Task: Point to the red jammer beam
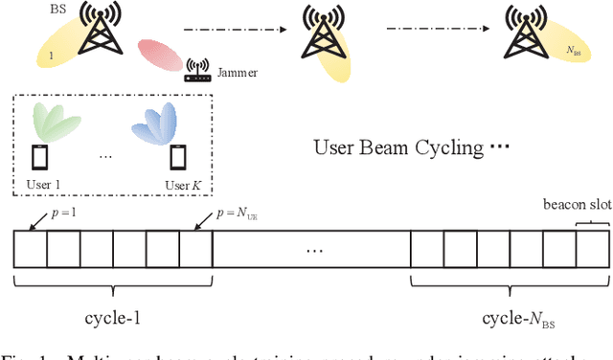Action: pos(160,56)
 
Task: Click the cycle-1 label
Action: pos(112,313)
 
